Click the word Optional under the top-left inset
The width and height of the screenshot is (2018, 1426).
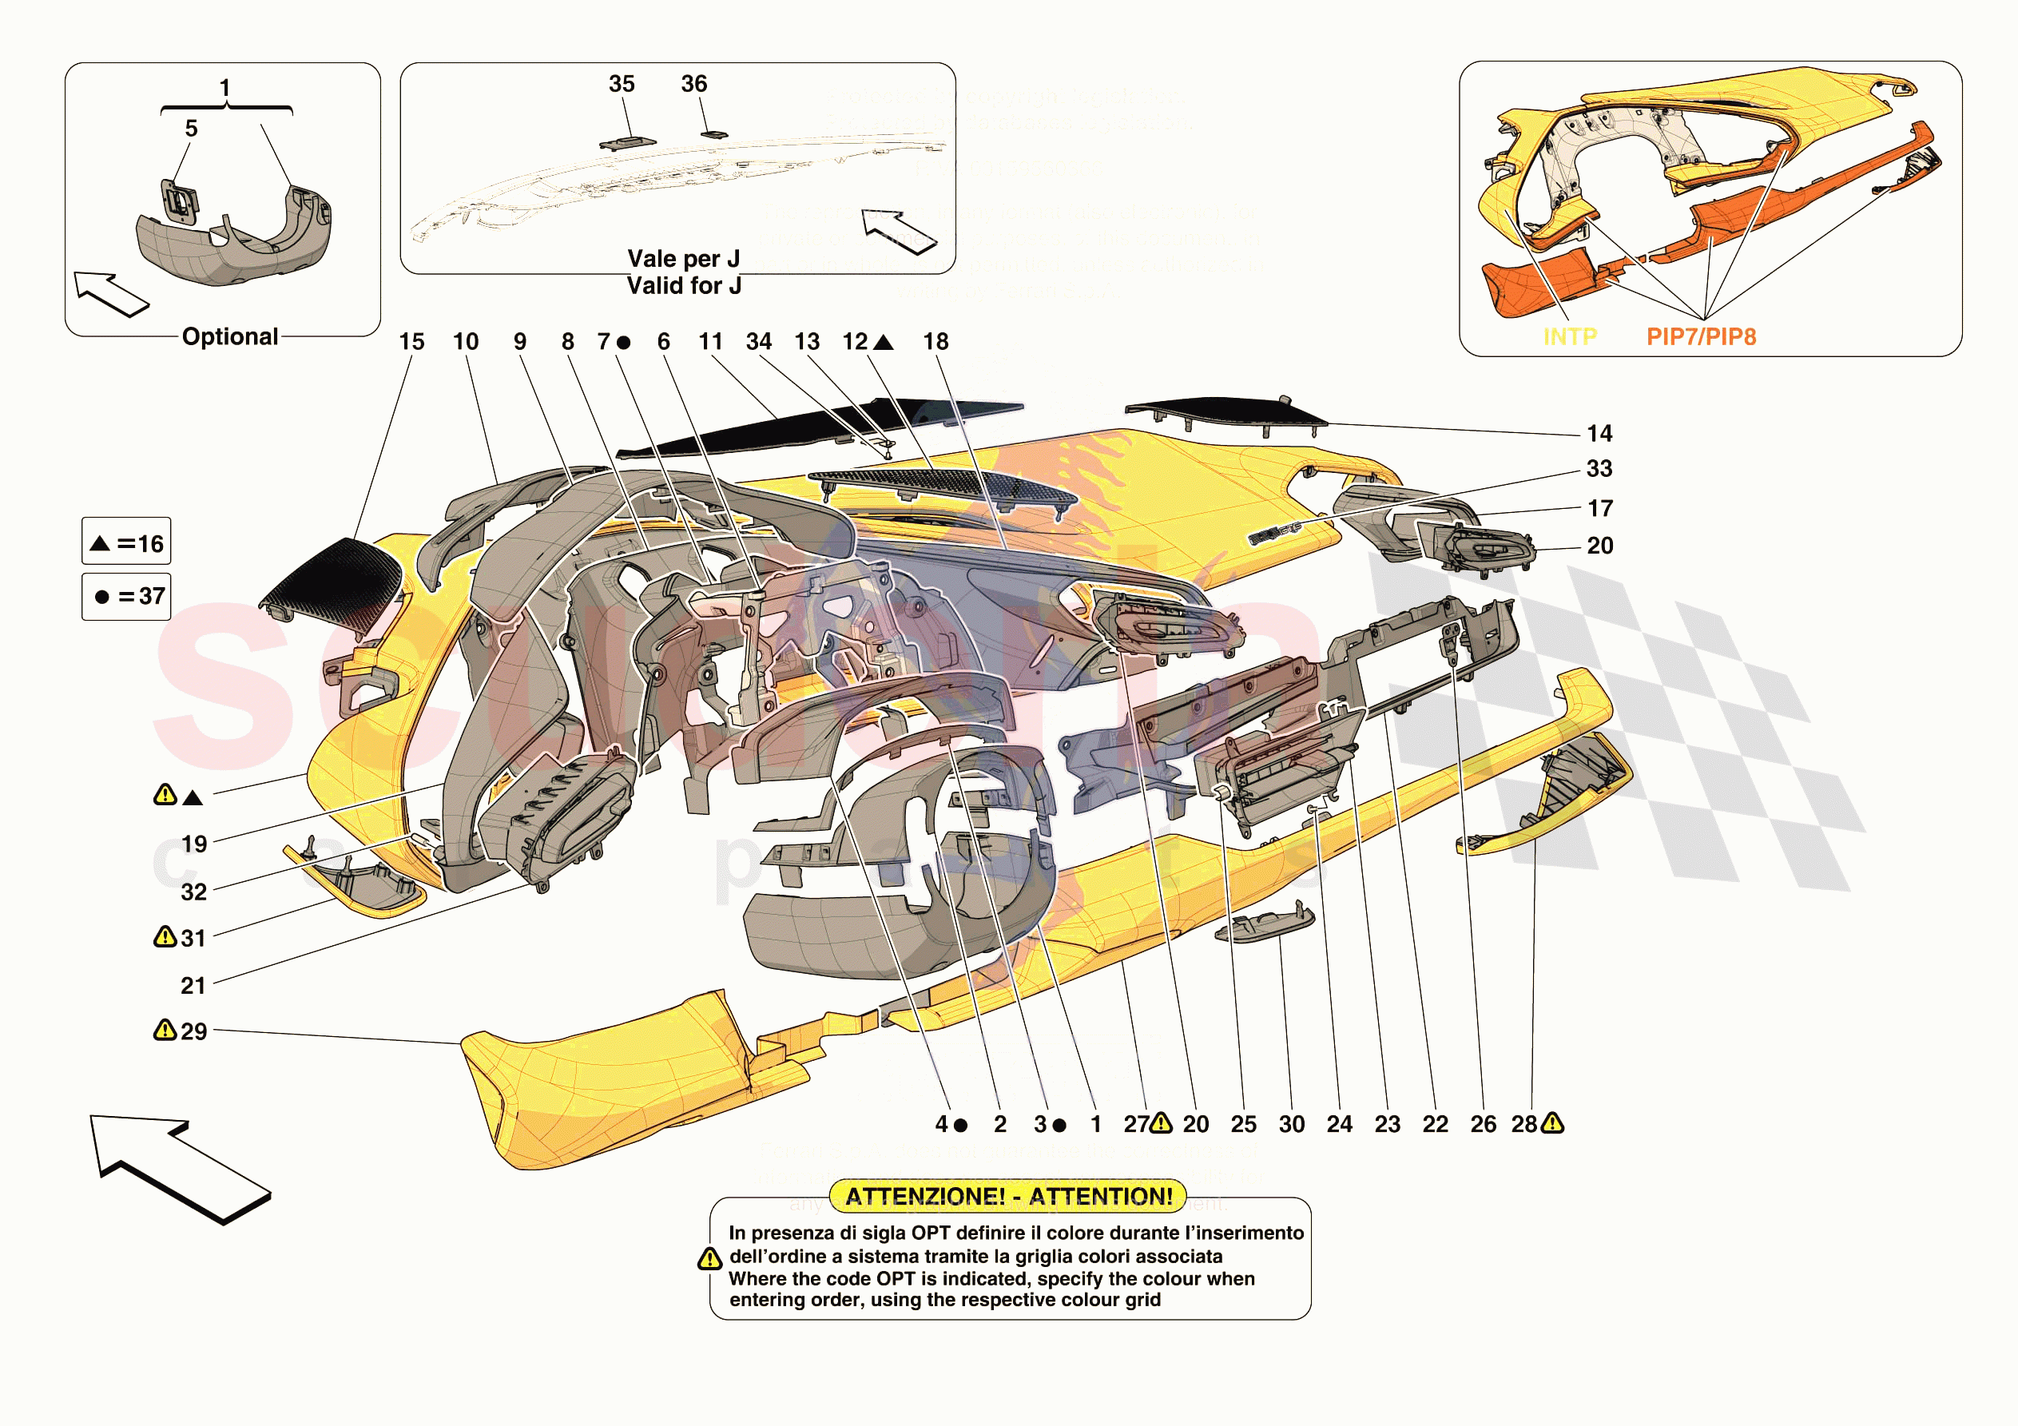(229, 336)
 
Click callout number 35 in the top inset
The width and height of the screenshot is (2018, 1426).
(622, 85)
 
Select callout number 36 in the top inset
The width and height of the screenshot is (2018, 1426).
(693, 85)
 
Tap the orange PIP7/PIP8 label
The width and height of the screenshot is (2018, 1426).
(1701, 336)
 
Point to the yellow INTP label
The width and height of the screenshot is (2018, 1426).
(1570, 336)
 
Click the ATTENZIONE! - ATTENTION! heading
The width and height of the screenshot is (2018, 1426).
(1008, 1197)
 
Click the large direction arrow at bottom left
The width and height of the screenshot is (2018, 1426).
(176, 1166)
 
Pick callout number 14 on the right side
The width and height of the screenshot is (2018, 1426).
(1599, 434)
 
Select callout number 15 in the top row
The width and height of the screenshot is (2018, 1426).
(411, 342)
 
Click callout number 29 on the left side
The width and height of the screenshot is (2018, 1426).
(193, 1031)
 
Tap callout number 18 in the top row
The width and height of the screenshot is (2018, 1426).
(936, 342)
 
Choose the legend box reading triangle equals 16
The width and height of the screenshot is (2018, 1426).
(126, 543)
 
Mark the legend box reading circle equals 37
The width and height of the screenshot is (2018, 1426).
(126, 597)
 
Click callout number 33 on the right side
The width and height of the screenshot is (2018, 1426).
(1599, 469)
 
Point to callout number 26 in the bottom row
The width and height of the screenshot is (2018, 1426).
(1483, 1125)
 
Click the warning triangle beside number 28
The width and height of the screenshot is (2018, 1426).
(1552, 1123)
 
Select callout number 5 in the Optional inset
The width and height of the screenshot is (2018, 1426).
(191, 129)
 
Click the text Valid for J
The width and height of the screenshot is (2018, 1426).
(684, 286)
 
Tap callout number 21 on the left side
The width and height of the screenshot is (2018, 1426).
(193, 986)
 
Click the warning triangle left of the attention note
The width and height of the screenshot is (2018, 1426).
(709, 1260)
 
